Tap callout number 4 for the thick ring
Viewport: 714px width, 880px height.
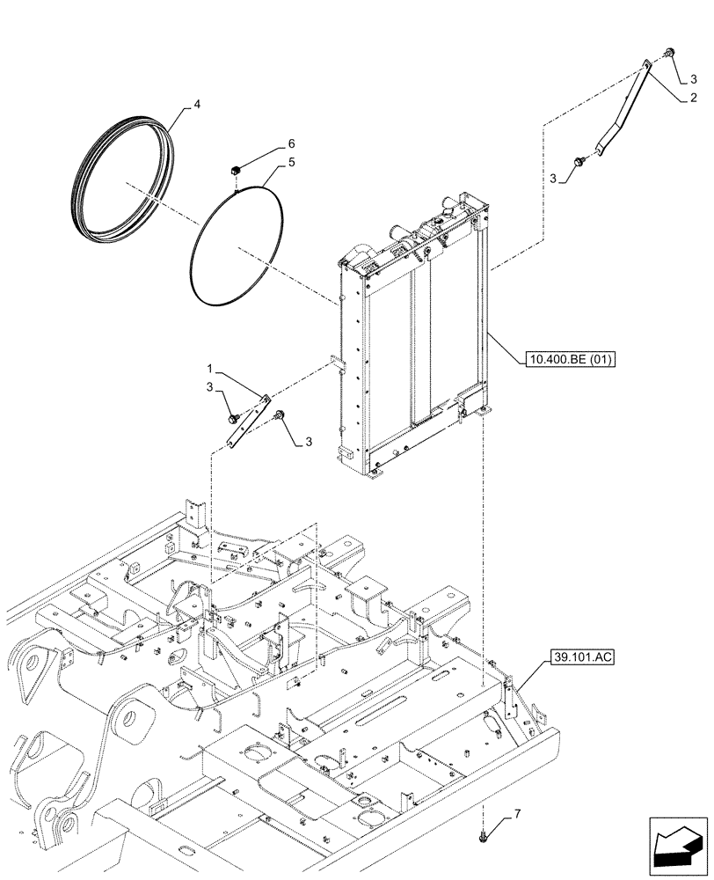coord(197,104)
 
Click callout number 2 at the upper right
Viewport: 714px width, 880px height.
coord(694,99)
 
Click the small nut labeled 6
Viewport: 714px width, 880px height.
coord(235,170)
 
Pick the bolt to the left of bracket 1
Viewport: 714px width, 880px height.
coord(233,418)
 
